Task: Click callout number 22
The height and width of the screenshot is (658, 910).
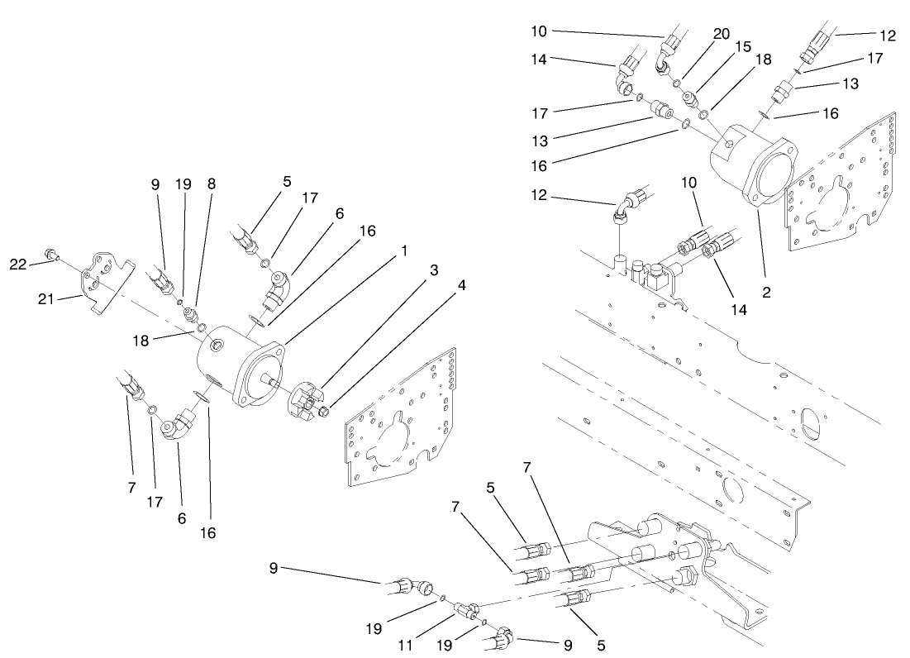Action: point(18,264)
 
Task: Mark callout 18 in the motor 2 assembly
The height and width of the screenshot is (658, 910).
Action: point(763,60)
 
